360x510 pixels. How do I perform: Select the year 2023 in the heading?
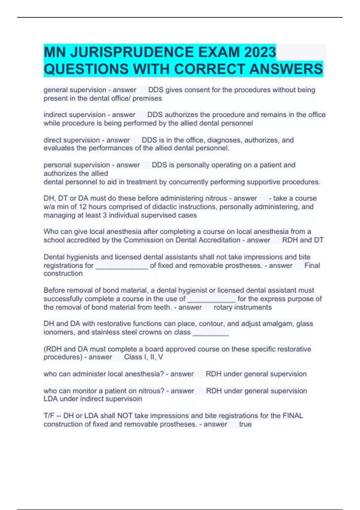[x=260, y=52]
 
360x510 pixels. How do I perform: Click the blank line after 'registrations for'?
[x=122, y=266]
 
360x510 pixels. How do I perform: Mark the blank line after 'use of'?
[x=211, y=299]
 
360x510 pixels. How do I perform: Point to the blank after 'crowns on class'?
[x=211, y=333]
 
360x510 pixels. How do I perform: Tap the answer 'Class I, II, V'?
[x=144, y=357]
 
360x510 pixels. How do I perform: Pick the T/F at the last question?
[x=49, y=416]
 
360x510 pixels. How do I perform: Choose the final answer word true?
[x=245, y=424]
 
